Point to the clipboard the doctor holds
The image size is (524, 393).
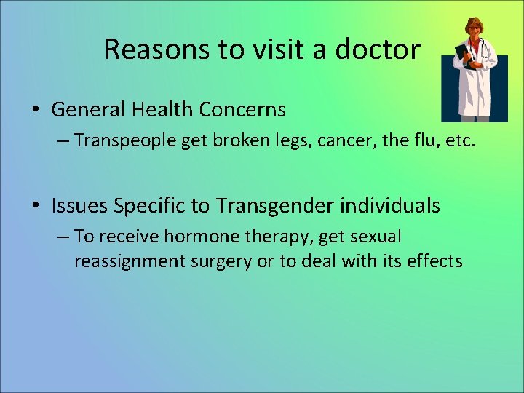pos(462,56)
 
